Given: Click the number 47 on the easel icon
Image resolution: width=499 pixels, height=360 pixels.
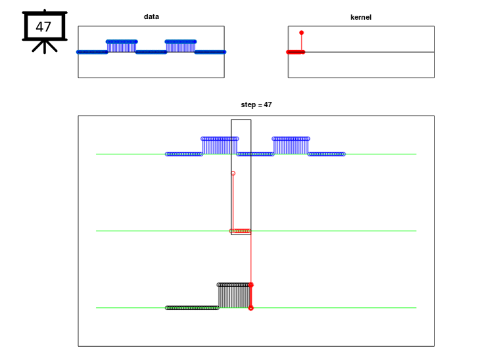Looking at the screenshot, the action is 43,27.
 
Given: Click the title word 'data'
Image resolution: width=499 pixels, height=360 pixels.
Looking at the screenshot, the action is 151,16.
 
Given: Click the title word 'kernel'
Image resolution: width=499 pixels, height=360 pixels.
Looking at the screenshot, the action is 361,17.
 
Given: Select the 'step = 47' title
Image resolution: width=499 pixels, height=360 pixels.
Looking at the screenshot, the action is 256,104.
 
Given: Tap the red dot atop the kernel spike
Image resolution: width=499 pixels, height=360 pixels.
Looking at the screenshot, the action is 301,33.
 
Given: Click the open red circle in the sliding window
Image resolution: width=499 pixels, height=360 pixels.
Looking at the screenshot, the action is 233,173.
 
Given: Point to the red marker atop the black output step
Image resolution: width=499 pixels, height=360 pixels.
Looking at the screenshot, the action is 250,284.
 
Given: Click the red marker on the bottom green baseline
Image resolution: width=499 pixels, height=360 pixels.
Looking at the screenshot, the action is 250,308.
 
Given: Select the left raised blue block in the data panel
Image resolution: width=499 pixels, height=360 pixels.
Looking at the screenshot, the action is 122,47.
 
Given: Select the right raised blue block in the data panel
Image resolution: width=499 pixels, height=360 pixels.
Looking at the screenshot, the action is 180,47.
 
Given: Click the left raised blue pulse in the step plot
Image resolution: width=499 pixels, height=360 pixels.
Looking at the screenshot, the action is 220,146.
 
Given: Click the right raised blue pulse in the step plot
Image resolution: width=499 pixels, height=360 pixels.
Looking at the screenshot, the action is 291,146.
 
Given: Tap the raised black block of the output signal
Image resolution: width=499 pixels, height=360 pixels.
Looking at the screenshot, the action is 234,296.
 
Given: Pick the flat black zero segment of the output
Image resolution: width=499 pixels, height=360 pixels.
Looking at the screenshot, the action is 192,308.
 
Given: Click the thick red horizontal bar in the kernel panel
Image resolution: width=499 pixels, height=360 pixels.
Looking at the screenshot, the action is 296,52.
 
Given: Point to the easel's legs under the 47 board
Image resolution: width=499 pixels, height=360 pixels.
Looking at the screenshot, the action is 45,46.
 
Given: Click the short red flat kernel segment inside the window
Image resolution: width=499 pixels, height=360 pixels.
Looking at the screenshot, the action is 241,231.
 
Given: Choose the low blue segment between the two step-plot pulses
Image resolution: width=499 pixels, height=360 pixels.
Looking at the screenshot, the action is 255,154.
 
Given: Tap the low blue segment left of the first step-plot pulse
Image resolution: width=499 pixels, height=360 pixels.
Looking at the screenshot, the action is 184,154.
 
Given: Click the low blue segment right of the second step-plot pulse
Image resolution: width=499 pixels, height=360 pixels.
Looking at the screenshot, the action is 326,154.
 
